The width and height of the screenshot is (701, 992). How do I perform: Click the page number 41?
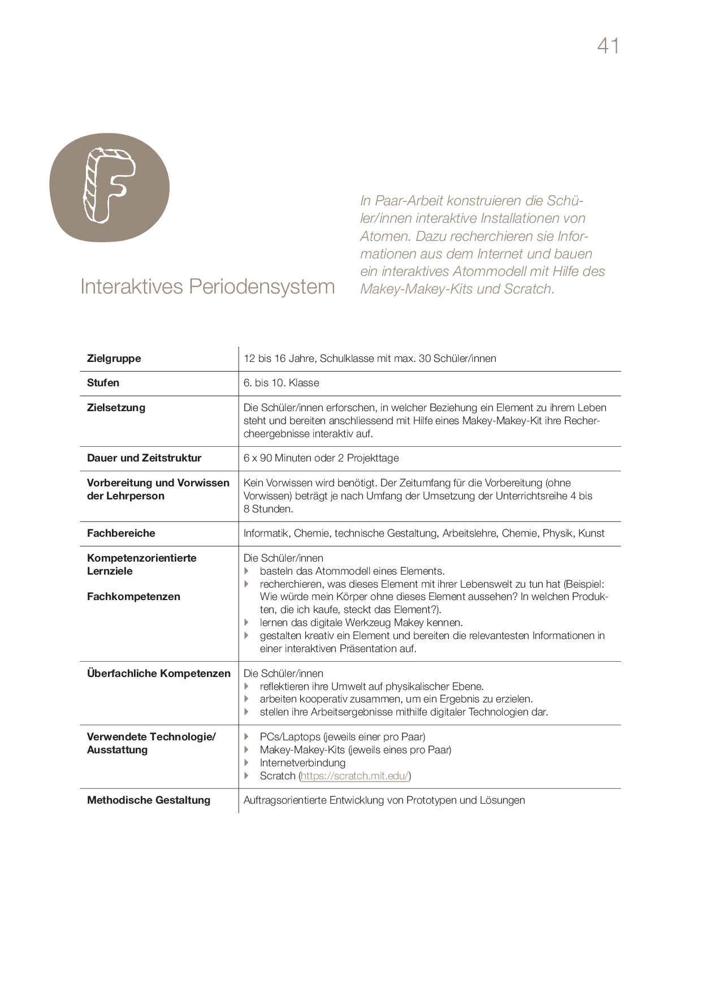pyautogui.click(x=608, y=46)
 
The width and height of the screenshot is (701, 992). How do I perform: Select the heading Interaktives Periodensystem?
pyautogui.click(x=207, y=287)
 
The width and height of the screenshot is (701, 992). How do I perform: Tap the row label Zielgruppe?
pyautogui.click(x=114, y=359)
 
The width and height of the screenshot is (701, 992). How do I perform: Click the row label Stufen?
pyautogui.click(x=103, y=383)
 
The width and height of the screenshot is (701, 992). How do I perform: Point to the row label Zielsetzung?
pyautogui.click(x=116, y=408)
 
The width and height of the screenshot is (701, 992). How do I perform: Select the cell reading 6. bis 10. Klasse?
pyautogui.click(x=281, y=383)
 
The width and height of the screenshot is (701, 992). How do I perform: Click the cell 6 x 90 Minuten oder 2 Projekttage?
pyautogui.click(x=321, y=458)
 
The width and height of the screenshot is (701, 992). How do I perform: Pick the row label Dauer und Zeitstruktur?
pyautogui.click(x=144, y=458)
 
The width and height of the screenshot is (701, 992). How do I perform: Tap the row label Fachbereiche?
pyautogui.click(x=121, y=533)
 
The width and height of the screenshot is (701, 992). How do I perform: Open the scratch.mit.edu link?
pyautogui.click(x=354, y=776)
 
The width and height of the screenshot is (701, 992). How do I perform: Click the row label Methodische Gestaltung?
pyautogui.click(x=149, y=800)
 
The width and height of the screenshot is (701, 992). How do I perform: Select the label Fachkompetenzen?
pyautogui.click(x=133, y=597)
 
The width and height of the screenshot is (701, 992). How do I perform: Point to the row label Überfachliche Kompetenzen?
pyautogui.click(x=159, y=674)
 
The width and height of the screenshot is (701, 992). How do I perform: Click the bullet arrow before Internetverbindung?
pyautogui.click(x=246, y=763)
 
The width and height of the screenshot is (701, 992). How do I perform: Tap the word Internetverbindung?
pyautogui.click(x=302, y=763)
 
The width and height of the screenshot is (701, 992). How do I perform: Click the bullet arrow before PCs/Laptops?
pyautogui.click(x=246, y=737)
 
